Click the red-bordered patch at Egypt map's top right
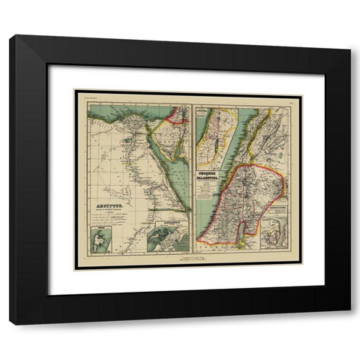178,114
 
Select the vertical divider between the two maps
192,180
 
